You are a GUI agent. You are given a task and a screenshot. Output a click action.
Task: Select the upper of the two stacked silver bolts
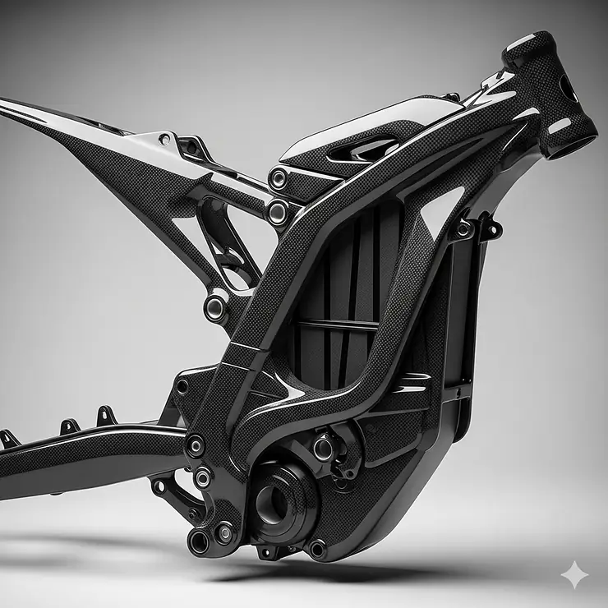point(279,177)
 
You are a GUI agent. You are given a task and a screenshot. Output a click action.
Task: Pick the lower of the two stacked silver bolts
point(278,212)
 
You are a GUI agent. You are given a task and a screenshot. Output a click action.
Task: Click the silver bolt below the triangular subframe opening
point(216,307)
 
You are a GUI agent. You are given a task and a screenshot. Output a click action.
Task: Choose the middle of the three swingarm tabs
point(70,425)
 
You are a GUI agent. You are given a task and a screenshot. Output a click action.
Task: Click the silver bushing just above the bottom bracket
point(324,448)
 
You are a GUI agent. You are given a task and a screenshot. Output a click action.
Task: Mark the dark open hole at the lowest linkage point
point(200,541)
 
